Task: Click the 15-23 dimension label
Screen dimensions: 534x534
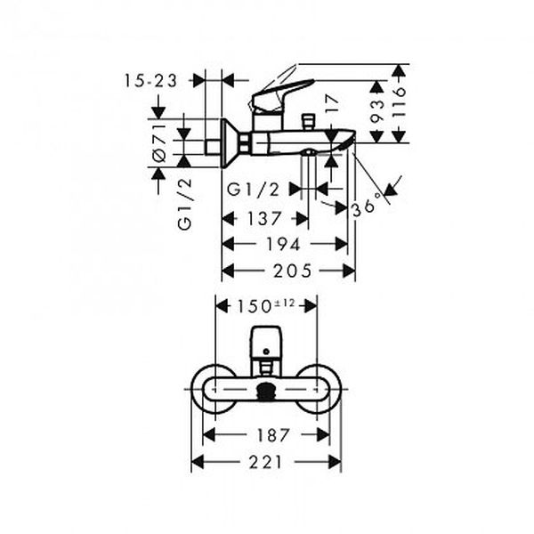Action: (150, 81)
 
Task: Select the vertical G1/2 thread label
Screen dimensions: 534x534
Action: (185, 205)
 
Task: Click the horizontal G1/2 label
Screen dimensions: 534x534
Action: (253, 190)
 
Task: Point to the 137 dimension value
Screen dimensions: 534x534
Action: (264, 218)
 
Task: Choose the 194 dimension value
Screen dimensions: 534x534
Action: (283, 244)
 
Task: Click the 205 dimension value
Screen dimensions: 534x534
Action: (292, 271)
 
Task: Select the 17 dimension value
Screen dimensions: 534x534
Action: (332, 104)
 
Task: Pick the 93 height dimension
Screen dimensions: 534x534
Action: (376, 111)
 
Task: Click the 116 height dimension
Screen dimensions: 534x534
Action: (399, 102)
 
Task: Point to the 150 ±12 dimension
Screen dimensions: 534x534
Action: (265, 305)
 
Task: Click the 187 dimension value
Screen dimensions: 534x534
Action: (273, 435)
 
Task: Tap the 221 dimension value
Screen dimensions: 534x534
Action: (265, 462)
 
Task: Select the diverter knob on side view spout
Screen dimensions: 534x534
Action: (309, 122)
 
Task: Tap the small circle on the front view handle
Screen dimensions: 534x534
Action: (266, 352)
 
